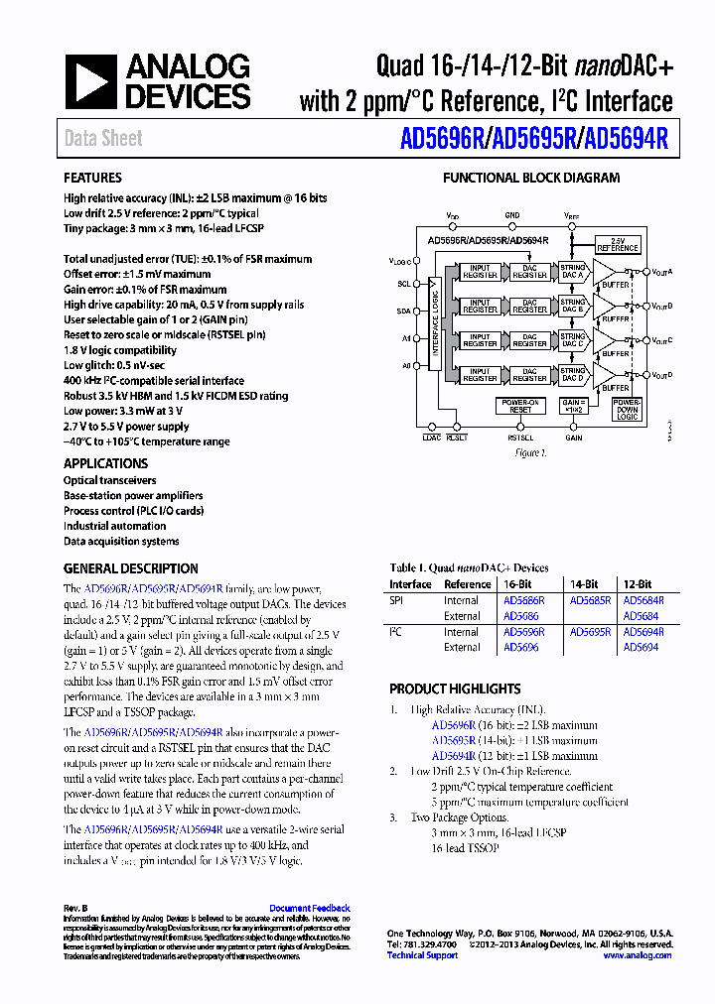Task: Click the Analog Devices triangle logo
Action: click(91, 81)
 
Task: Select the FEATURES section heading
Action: click(92, 179)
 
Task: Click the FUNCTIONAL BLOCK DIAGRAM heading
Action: click(530, 179)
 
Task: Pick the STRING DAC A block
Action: click(572, 271)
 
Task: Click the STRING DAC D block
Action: click(572, 374)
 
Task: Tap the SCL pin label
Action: click(403, 284)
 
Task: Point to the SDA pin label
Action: click(403, 312)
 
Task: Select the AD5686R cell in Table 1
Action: click(523, 600)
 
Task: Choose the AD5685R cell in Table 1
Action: click(590, 600)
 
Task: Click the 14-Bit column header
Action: click(584, 584)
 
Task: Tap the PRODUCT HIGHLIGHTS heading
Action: click(455, 689)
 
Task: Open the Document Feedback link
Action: click(310, 908)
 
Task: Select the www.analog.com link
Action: click(638, 955)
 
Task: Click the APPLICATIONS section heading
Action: click(105, 463)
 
